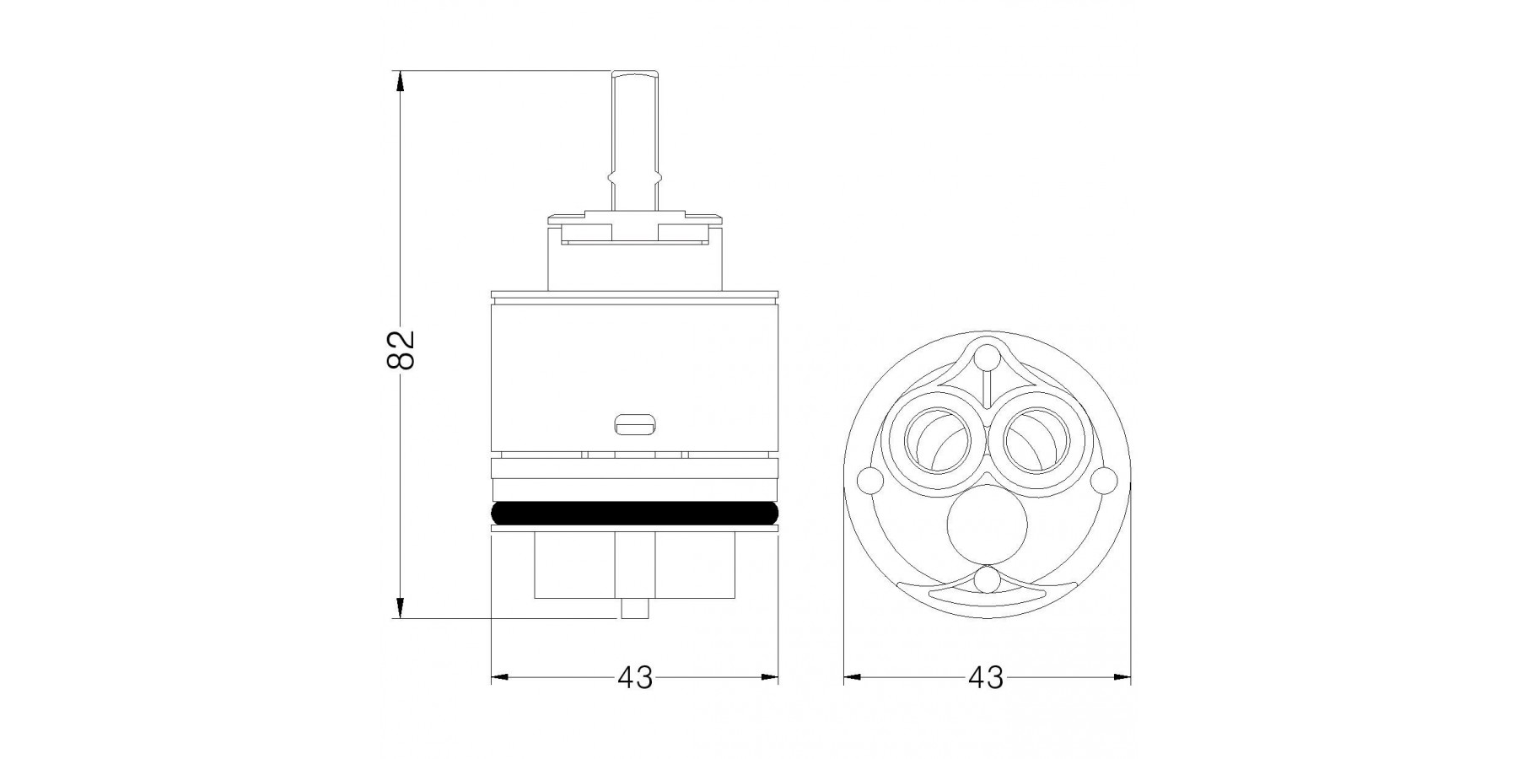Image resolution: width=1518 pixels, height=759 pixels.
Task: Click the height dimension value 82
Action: (x=401, y=348)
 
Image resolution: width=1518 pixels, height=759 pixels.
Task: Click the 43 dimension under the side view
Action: (x=635, y=677)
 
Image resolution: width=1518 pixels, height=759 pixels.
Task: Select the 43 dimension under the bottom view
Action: (x=986, y=677)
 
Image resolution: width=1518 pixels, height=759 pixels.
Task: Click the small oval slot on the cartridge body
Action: (x=635, y=426)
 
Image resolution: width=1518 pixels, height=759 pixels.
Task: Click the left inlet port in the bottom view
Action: (x=936, y=440)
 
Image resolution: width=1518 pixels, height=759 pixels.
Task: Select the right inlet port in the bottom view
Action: (x=1037, y=440)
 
